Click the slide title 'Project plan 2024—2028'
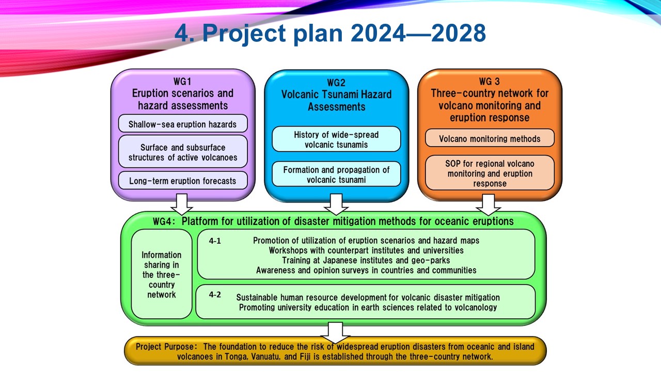(344, 33)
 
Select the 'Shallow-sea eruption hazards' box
(183, 123)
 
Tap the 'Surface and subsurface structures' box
(183, 152)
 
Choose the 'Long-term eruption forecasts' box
(183, 180)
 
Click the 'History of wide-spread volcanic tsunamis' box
(336, 139)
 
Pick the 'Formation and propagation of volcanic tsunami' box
(336, 174)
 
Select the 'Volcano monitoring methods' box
(490, 138)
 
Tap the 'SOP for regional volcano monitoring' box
(490, 173)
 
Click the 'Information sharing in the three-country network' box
(162, 274)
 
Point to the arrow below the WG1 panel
(182, 204)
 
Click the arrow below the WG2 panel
(336, 204)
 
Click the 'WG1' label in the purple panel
(182, 81)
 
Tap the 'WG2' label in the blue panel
(336, 82)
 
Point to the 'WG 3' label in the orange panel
(490, 81)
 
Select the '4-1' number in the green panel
(215, 241)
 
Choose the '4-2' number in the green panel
(215, 295)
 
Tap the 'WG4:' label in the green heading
(164, 222)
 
